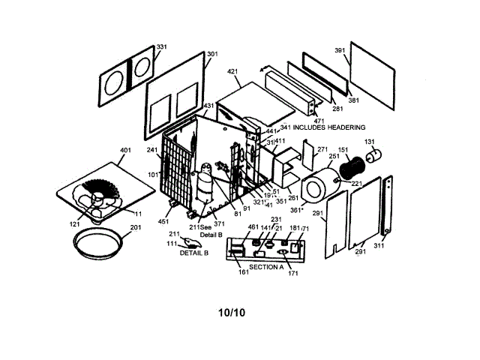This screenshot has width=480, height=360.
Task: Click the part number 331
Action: [161, 47]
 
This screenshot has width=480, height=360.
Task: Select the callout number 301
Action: [212, 54]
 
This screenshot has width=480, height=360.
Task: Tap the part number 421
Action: [232, 73]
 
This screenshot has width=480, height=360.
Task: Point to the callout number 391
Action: [340, 50]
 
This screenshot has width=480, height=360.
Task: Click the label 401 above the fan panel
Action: [124, 150]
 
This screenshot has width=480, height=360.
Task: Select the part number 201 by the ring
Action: [136, 228]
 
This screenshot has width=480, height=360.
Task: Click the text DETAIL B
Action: [193, 253]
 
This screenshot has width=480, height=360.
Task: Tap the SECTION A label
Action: [266, 267]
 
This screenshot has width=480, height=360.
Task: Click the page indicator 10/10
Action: [232, 312]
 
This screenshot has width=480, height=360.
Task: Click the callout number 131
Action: [370, 142]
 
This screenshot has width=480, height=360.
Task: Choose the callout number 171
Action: [292, 274]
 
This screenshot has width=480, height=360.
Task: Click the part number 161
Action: [243, 272]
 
